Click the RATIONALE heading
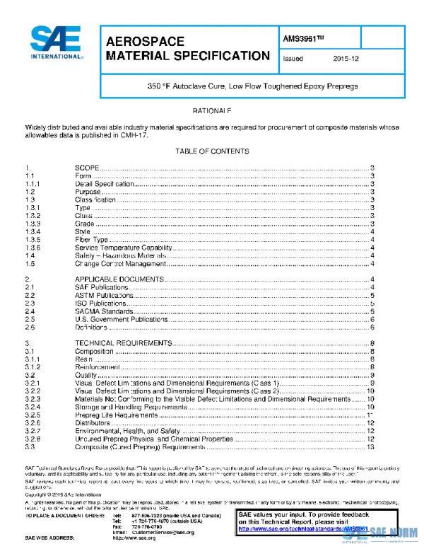pos(212,112)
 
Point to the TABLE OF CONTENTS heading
pos(212,151)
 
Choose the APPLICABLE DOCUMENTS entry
pos(119,279)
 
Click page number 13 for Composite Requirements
pos(370,447)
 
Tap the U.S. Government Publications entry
pos(121,320)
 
